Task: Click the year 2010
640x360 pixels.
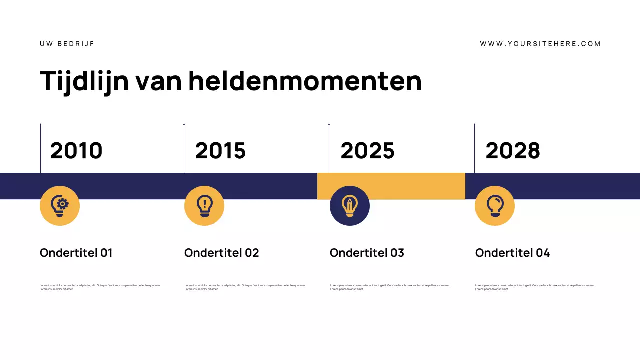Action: coord(76,151)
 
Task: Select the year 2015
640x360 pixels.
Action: coord(220,151)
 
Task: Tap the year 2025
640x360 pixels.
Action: coord(367,151)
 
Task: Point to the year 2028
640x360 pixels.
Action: coord(513,151)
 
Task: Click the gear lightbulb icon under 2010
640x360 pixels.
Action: coord(60,206)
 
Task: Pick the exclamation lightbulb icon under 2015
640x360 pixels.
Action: coord(204,206)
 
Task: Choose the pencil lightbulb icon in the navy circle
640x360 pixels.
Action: coord(350,206)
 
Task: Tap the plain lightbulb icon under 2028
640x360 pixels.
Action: coord(495,206)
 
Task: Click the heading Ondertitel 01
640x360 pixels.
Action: coord(76,253)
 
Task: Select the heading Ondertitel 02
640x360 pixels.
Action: coord(222,253)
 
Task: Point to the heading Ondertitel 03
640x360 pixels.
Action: coord(367,253)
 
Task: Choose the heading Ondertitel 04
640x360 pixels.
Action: coord(512,253)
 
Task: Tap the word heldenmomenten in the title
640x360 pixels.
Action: coord(305,81)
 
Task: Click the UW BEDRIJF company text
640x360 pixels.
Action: coord(67,44)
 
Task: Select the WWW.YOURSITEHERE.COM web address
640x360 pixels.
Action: coord(540,44)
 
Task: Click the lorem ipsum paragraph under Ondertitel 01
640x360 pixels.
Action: coord(100,287)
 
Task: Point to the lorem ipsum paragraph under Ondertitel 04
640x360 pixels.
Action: coord(535,287)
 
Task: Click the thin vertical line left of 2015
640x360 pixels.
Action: coord(184,149)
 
